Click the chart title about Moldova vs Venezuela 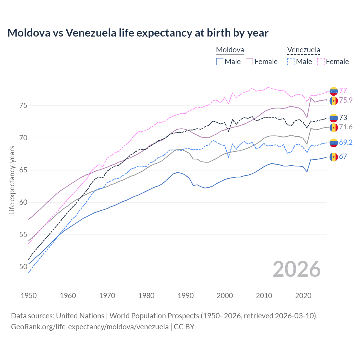coord(138,33)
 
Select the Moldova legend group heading coord(230,50)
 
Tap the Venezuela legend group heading coord(303,50)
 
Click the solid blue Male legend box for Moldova coord(220,62)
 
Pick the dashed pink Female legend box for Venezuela coord(321,62)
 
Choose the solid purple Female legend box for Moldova coord(249,62)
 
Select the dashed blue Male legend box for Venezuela coord(291,62)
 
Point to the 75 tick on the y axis coord(23,105)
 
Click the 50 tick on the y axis coord(23,267)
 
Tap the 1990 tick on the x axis coord(186,296)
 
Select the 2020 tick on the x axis coord(303,296)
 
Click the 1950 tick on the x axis coord(29,296)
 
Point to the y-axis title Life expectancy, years coord(12,180)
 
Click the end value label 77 coord(343,91)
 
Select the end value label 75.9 coord(346,100)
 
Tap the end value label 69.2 coord(346,142)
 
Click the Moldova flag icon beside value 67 coord(334,157)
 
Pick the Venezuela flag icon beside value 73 coord(334,118)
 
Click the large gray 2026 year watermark coord(297,269)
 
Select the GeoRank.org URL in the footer coord(90,327)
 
